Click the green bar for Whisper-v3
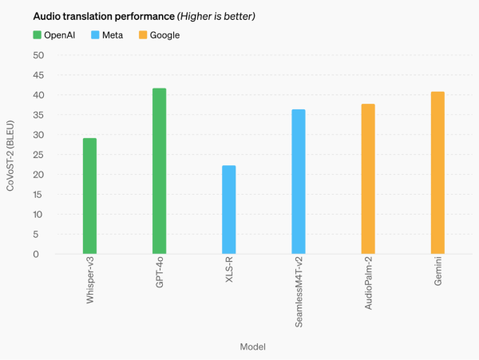pyautogui.click(x=89, y=196)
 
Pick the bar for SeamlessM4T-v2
pyautogui.click(x=298, y=182)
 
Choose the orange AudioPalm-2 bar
pyautogui.click(x=368, y=179)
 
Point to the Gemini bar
pyautogui.click(x=437, y=173)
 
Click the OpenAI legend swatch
pyautogui.click(x=38, y=35)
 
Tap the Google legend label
pyautogui.click(x=164, y=35)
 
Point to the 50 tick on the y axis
pyautogui.click(x=38, y=55)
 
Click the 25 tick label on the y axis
pyautogui.click(x=38, y=155)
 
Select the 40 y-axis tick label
pyautogui.click(x=38, y=95)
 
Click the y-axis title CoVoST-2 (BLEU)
pyautogui.click(x=11, y=155)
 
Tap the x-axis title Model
pyautogui.click(x=252, y=346)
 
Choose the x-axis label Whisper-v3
pyautogui.click(x=89, y=285)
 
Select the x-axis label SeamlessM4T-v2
pyautogui.click(x=298, y=295)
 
